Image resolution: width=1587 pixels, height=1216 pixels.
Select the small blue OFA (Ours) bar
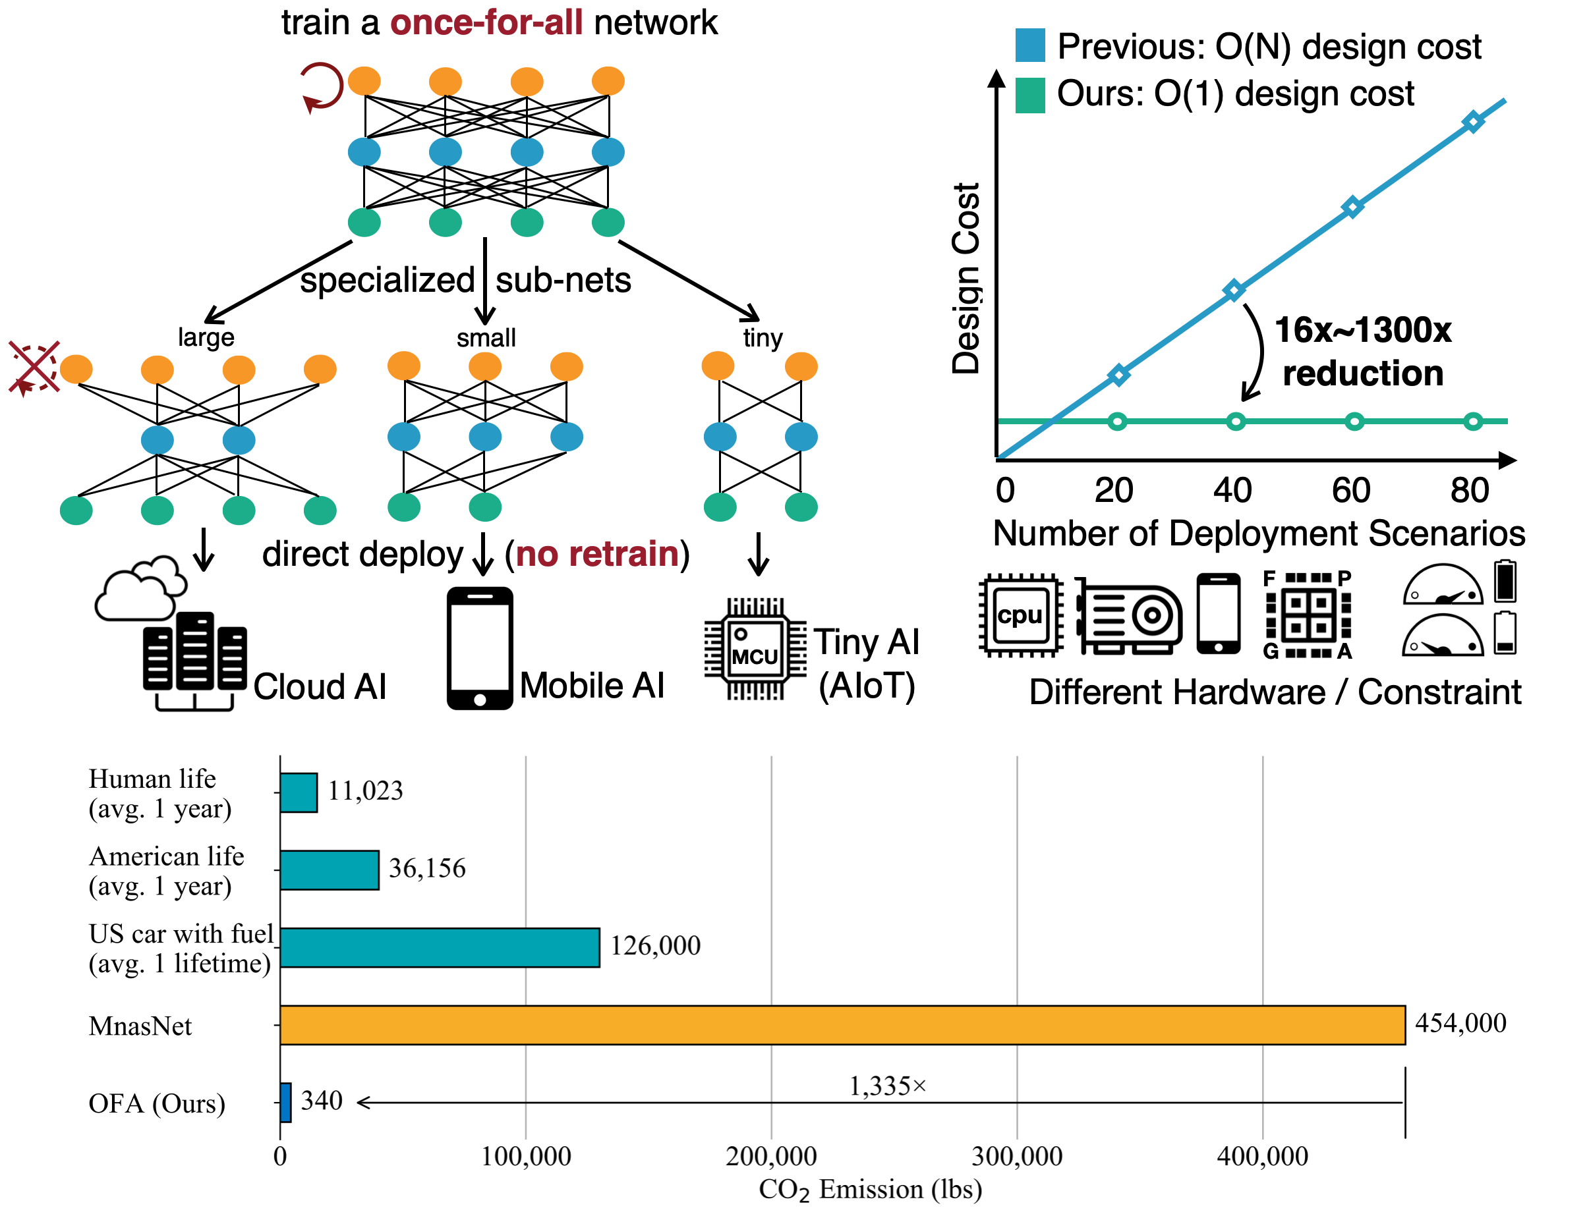285,1101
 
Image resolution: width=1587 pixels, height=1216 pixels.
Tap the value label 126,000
654,945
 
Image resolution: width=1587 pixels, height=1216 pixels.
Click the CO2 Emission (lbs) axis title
869,1189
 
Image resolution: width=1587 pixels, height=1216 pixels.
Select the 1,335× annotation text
887,1086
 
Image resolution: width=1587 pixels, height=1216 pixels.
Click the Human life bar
299,792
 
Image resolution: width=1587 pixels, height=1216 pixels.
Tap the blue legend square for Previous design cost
1029,45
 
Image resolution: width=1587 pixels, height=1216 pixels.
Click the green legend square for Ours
1029,95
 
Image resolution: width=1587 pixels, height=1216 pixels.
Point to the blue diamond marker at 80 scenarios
1472,122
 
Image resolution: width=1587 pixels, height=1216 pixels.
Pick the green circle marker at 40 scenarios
1235,422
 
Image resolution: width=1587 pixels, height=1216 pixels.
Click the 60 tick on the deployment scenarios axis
1350,490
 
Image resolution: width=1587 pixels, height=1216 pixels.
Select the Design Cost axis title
965,278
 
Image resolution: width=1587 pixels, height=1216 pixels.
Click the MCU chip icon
755,649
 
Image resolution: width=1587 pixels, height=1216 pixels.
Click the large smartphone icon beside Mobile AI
479,648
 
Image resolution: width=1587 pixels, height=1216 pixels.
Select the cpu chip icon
1020,615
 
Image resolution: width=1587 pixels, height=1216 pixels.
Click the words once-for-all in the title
486,22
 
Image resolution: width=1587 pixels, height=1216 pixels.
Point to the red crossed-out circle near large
34,368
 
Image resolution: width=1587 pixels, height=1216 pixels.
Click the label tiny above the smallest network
762,337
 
